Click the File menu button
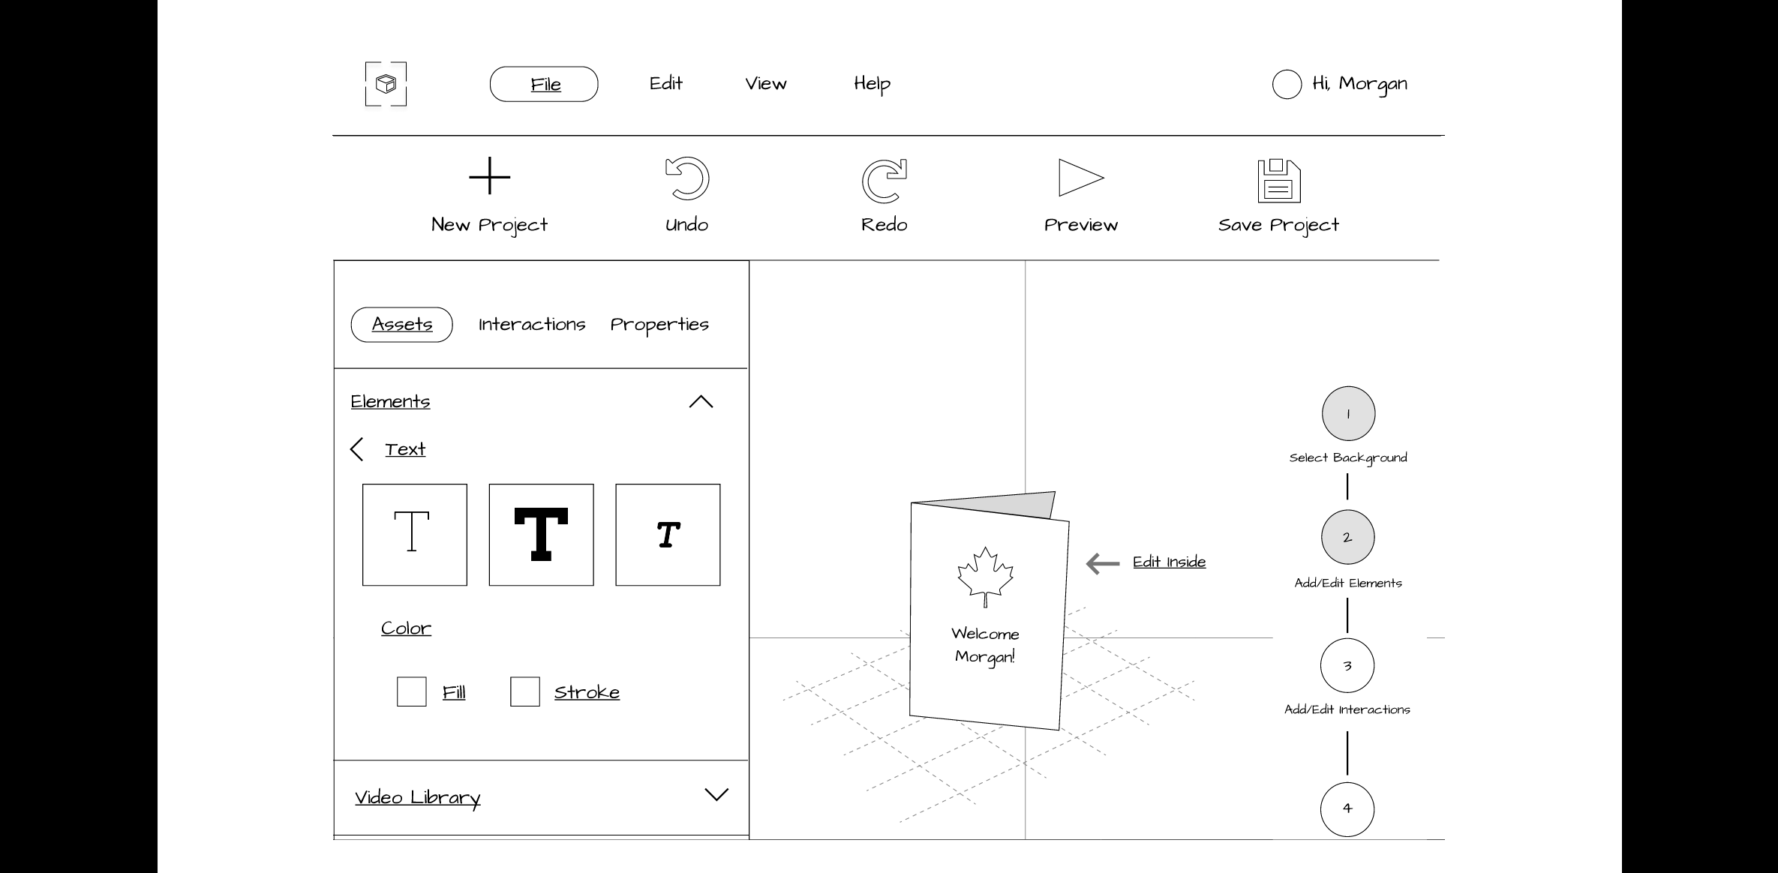[544, 84]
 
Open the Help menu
[872, 84]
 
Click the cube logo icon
[386, 84]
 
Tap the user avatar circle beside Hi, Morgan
[1287, 84]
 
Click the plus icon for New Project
[489, 176]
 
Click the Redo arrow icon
[884, 181]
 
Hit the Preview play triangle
[1081, 178]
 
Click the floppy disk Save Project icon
[1279, 181]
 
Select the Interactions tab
[532, 324]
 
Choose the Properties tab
[659, 325]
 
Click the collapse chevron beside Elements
[701, 402]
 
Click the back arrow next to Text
[356, 449]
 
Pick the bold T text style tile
[541, 535]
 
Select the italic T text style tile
[668, 535]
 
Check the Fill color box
[411, 691]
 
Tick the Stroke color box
[524, 691]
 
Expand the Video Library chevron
[716, 795]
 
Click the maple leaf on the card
[985, 576]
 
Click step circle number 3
[1347, 665]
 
